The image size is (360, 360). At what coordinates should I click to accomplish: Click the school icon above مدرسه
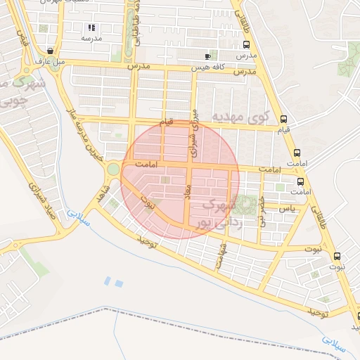pos(91,27)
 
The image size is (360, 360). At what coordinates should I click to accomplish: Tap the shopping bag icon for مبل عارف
pos(51,51)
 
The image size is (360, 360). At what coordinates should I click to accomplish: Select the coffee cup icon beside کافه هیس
pos(207,56)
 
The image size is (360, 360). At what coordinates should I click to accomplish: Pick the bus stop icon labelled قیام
pos(283,119)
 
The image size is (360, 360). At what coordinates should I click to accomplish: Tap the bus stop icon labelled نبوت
pos(337,256)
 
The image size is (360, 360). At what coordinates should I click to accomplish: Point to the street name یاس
pos(286,209)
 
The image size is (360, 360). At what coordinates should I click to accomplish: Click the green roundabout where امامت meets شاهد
pos(112,169)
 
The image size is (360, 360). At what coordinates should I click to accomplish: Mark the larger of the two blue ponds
pos(118,283)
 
